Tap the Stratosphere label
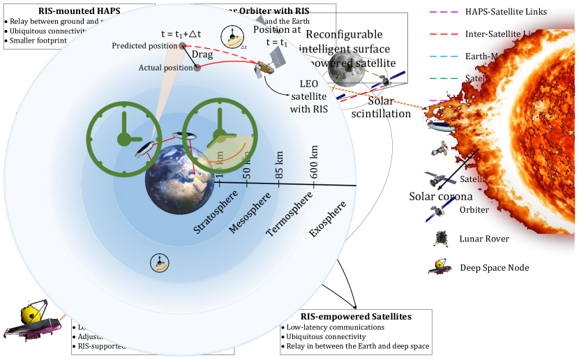216,211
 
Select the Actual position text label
165,68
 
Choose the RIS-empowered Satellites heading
355,316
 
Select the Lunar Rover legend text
484,239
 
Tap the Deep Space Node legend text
494,268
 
